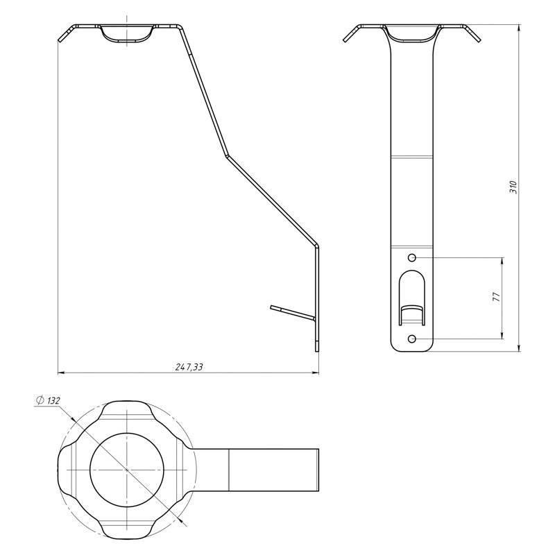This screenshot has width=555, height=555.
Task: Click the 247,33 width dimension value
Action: [x=189, y=367]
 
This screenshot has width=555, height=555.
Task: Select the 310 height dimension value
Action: [x=513, y=187]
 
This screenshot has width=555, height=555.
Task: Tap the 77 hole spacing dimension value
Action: [x=497, y=297]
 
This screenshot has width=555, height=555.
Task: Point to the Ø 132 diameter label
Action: [x=48, y=401]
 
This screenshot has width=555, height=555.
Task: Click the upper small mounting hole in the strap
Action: [x=412, y=257]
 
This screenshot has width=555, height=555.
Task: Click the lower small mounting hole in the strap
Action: [x=412, y=339]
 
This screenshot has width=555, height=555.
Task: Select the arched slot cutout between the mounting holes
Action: [x=412, y=298]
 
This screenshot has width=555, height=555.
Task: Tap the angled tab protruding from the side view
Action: [x=292, y=311]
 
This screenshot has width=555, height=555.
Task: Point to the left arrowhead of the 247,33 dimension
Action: [x=61, y=373]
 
